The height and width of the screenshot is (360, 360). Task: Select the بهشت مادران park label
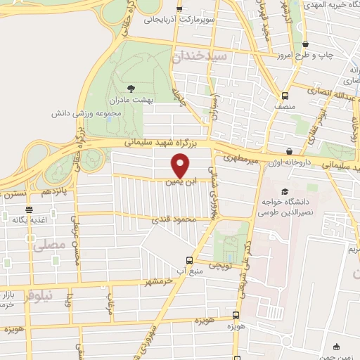(x=131, y=101)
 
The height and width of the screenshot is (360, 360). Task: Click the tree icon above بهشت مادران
(x=131, y=89)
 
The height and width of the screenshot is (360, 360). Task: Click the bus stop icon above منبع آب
(x=188, y=259)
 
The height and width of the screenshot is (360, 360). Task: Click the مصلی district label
(x=49, y=246)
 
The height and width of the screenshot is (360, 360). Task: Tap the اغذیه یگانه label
(x=29, y=220)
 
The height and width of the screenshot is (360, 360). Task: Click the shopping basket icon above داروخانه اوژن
(x=290, y=151)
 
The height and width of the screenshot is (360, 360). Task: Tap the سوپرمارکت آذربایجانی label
(x=179, y=20)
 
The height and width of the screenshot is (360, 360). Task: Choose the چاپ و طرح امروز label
(x=304, y=54)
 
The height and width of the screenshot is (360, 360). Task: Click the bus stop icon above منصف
(x=285, y=96)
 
